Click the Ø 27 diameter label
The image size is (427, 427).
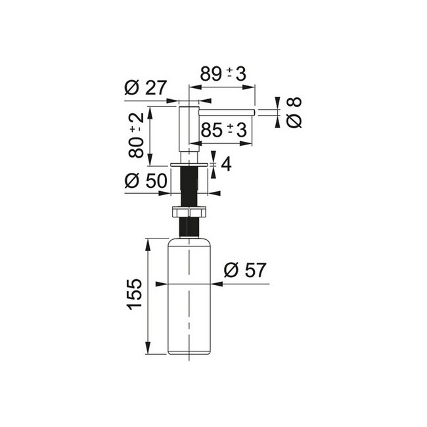(x=145, y=87)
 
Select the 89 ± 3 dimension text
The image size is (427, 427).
(x=223, y=74)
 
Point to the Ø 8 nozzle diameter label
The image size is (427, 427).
(x=294, y=112)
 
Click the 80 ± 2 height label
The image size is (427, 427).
(x=136, y=135)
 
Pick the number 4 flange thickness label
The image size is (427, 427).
(x=226, y=164)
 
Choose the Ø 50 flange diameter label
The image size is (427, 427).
(x=145, y=181)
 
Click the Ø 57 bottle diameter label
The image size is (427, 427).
(x=244, y=270)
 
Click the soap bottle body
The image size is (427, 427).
(x=189, y=296)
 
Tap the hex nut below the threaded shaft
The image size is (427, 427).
(x=189, y=212)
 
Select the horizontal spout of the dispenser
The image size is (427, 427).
(x=227, y=112)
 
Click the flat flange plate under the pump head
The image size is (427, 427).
(x=189, y=164)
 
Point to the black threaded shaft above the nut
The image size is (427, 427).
(x=189, y=187)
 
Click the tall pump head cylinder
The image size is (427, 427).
(x=189, y=129)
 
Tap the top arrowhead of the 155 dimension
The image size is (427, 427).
(x=148, y=244)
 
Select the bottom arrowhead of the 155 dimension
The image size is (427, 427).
(x=148, y=348)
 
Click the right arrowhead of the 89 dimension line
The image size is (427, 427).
(x=248, y=87)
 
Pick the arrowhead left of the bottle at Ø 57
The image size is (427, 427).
(x=162, y=284)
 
